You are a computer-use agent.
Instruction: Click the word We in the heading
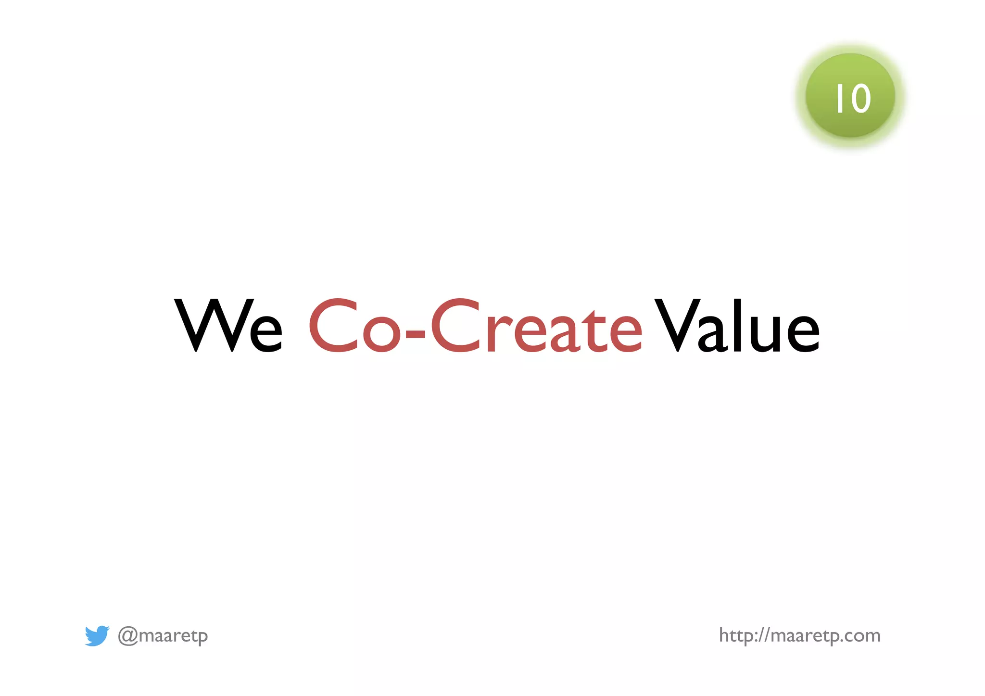tap(228, 326)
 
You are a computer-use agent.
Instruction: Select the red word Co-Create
tap(475, 326)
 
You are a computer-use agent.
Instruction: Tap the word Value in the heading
tap(737, 326)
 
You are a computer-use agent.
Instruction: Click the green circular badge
tap(850, 96)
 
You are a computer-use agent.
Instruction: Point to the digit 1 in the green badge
tap(839, 99)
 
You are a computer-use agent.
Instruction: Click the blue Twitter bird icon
tap(97, 635)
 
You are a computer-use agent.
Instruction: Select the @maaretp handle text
tap(163, 636)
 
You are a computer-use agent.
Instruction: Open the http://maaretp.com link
tap(799, 636)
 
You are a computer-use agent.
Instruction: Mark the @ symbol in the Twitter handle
tap(128, 636)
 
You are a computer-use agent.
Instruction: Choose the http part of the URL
tap(736, 636)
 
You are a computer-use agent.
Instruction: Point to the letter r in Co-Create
tap(496, 332)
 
